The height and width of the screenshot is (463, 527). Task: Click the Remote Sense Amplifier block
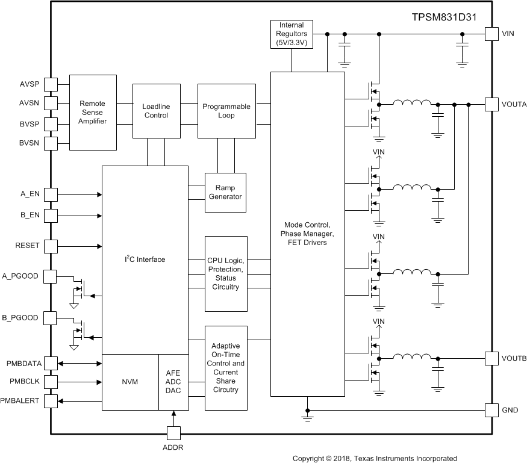coord(93,113)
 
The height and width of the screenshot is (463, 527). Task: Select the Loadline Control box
coord(155,111)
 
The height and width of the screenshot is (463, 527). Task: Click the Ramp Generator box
coord(226,192)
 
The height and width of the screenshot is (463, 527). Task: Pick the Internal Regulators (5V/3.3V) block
coord(292,34)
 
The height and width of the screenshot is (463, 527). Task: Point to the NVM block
coord(129,382)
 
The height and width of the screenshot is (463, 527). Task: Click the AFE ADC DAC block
coord(173,382)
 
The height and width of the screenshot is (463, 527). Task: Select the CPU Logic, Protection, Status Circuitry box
coord(226,273)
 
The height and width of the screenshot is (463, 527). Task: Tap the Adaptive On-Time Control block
coord(226,367)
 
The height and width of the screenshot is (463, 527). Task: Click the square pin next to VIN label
coord(491,34)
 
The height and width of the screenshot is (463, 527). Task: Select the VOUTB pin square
coord(491,358)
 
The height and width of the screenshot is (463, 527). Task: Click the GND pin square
coord(491,410)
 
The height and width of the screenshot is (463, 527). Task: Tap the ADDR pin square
coord(173,433)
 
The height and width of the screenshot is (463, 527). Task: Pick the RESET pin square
coord(51,246)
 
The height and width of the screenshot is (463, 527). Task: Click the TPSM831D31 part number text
coord(443,17)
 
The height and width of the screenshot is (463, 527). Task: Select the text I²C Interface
coord(145,259)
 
